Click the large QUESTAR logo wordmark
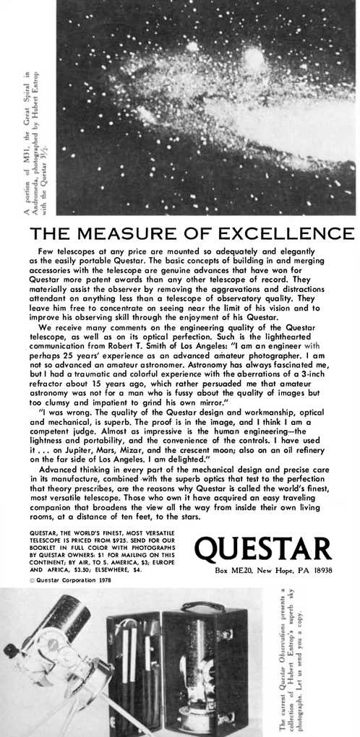(x=263, y=550)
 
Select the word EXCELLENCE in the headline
(x=287, y=234)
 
